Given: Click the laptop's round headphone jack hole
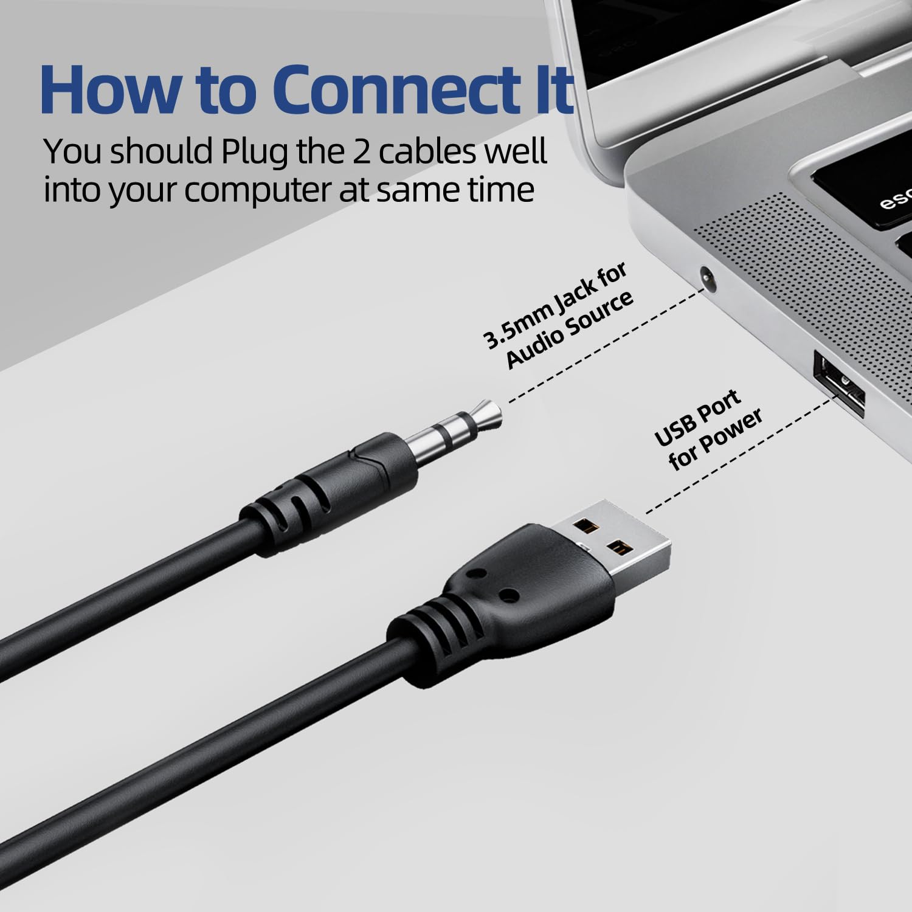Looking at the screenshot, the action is coord(707,275).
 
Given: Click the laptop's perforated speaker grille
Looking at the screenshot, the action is coord(815,280).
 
